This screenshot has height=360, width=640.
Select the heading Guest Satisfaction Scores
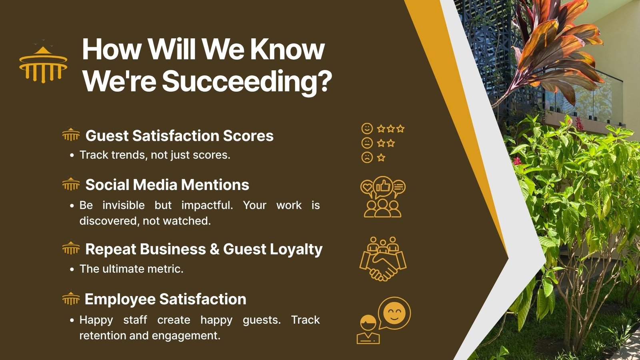point(180,136)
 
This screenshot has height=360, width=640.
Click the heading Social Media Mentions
point(167,185)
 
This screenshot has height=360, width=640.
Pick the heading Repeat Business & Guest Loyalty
point(204,249)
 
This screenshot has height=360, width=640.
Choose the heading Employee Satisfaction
point(166,299)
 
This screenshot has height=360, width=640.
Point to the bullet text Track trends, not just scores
point(155,155)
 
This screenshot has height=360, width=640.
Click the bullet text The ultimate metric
point(132,269)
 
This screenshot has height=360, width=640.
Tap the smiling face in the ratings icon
point(367,128)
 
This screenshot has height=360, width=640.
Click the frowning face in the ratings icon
point(367,158)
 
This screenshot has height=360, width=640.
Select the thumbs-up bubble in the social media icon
point(383,187)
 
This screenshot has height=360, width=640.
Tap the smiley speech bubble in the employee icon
point(394,313)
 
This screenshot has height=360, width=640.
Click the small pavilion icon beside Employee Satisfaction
point(71,298)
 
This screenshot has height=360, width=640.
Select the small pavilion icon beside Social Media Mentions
point(71,184)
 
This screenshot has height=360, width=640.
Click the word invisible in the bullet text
point(124,206)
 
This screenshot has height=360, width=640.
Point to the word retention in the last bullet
point(102,336)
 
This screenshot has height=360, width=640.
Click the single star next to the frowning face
point(381,158)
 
